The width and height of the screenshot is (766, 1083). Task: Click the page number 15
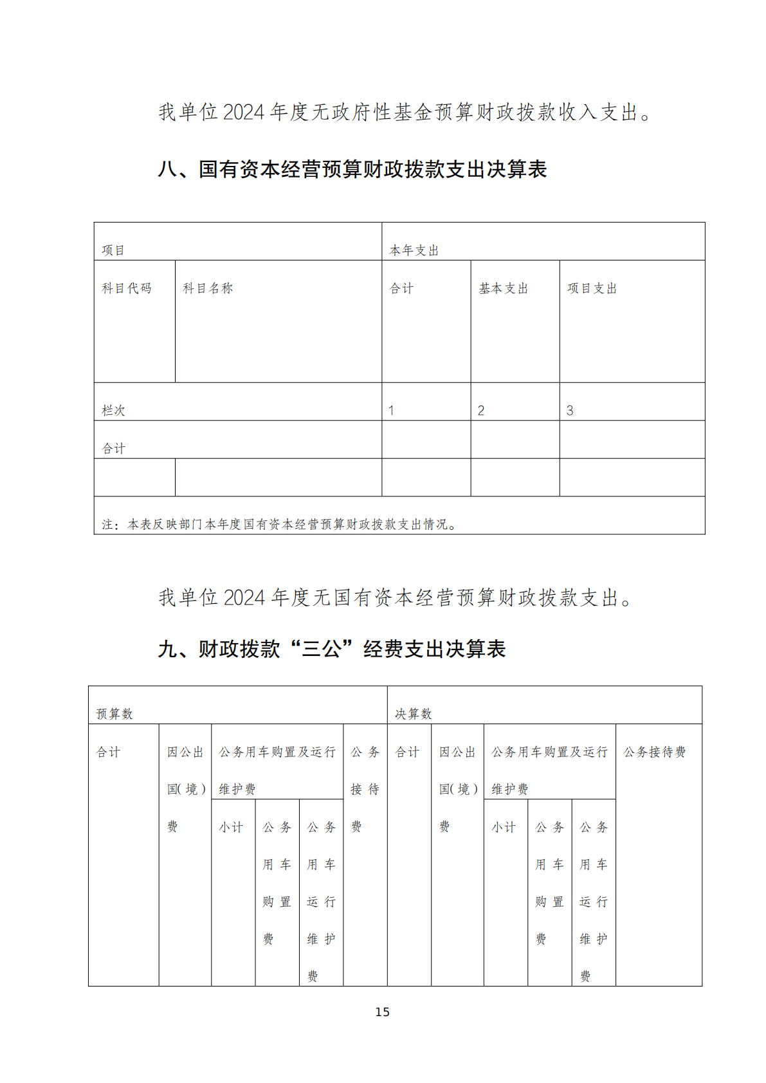point(382,1012)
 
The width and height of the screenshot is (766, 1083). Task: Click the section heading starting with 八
point(352,170)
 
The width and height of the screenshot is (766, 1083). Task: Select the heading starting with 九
point(332,649)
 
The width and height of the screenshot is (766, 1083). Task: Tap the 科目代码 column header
point(127,289)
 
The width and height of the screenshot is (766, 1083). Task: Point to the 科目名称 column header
point(208,289)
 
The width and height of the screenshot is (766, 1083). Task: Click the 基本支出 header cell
point(503,289)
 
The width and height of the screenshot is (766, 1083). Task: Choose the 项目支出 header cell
point(592,289)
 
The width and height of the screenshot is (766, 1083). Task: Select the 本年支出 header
point(414,250)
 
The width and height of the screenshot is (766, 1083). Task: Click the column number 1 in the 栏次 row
point(391,410)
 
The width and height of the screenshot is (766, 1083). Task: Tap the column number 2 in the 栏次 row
point(480,410)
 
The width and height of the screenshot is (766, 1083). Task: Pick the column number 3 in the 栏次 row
point(569,410)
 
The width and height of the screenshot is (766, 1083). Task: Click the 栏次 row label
point(113,410)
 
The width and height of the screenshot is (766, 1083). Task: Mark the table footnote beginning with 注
point(279,525)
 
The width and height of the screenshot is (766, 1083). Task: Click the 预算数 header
point(114,714)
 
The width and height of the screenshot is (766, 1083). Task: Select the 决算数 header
point(413,714)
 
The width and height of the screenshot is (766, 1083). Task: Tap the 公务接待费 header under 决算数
point(654,752)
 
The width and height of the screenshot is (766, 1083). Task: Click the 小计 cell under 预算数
point(231,827)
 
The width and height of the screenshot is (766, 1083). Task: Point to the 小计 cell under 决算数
point(504,827)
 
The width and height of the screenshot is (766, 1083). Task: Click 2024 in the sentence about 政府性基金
point(244,113)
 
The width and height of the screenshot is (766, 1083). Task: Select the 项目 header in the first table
point(113,250)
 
